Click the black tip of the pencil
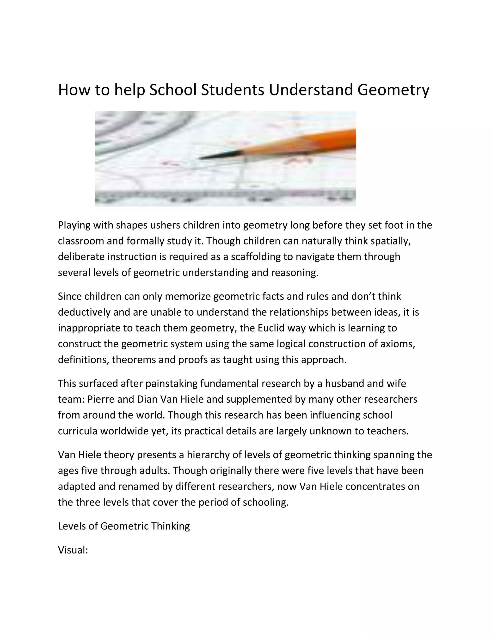tap(216, 157)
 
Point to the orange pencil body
tap(306, 143)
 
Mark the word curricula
tap(78, 431)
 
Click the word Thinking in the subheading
tap(171, 526)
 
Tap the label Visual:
tap(73, 550)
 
